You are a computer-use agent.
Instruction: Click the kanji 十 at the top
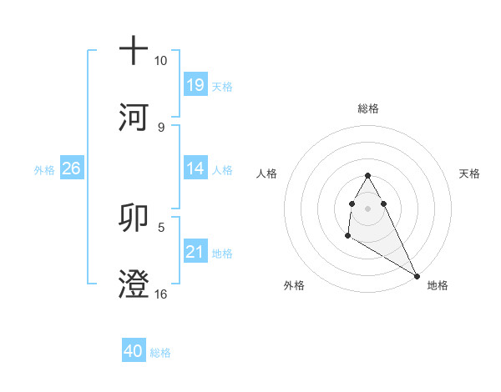click(134, 50)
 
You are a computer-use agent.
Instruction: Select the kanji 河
click(134, 117)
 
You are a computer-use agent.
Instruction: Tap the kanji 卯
click(134, 217)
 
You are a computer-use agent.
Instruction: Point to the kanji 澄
click(134, 284)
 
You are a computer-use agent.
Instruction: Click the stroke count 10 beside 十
click(160, 61)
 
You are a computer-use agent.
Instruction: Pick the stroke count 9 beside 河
click(160, 127)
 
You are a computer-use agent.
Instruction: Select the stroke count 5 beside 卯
click(160, 226)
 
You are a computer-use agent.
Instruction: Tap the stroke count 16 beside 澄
click(160, 293)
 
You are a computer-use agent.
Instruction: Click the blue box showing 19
click(195, 84)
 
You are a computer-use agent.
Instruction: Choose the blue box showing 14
click(195, 168)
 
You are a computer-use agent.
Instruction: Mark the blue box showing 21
click(195, 252)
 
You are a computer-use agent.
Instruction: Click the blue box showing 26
click(71, 168)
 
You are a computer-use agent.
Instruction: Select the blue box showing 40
click(134, 351)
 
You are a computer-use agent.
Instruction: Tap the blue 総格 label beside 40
click(160, 353)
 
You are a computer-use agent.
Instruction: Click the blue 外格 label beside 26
click(44, 169)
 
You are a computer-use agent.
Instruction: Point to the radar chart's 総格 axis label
click(368, 108)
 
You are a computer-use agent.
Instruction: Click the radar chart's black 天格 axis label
click(469, 173)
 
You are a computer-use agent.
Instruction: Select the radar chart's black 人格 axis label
click(267, 173)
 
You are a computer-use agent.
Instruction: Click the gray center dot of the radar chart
click(368, 208)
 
